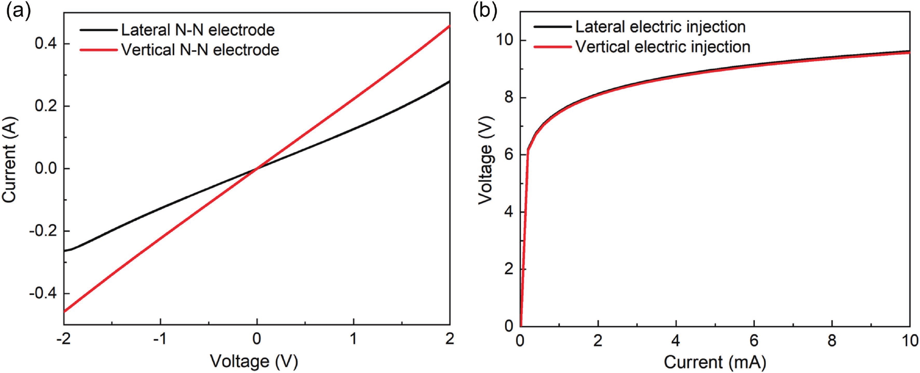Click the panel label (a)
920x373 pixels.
click(x=18, y=12)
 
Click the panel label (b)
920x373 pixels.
click(x=485, y=12)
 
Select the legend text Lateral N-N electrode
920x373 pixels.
click(x=198, y=30)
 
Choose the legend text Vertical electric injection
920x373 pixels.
click(x=663, y=47)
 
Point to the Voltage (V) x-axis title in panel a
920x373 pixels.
click(x=254, y=361)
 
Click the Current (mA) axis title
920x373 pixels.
click(x=715, y=362)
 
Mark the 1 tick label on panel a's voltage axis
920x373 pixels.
click(x=353, y=339)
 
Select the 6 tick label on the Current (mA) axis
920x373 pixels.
click(x=754, y=341)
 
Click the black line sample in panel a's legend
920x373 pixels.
click(x=98, y=30)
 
